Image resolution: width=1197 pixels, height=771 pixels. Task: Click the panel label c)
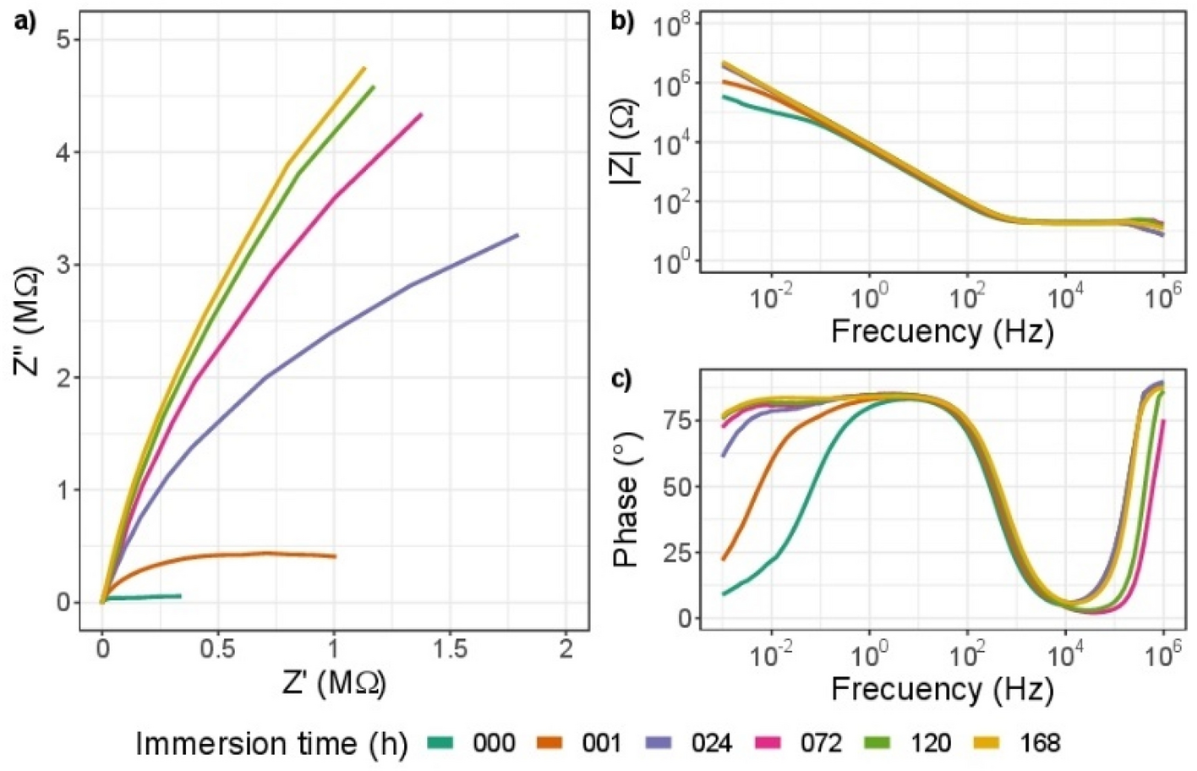621,380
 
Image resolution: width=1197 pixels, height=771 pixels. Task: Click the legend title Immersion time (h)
271,743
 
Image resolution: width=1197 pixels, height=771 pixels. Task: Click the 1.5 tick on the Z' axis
450,649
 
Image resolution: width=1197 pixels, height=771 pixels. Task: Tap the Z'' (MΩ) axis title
29,321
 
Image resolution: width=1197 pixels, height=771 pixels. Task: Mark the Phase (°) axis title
626,499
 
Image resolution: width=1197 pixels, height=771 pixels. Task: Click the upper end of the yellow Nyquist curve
364,68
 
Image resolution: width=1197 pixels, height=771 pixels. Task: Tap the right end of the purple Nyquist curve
517,235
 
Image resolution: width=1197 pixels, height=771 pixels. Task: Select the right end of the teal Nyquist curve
180,596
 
